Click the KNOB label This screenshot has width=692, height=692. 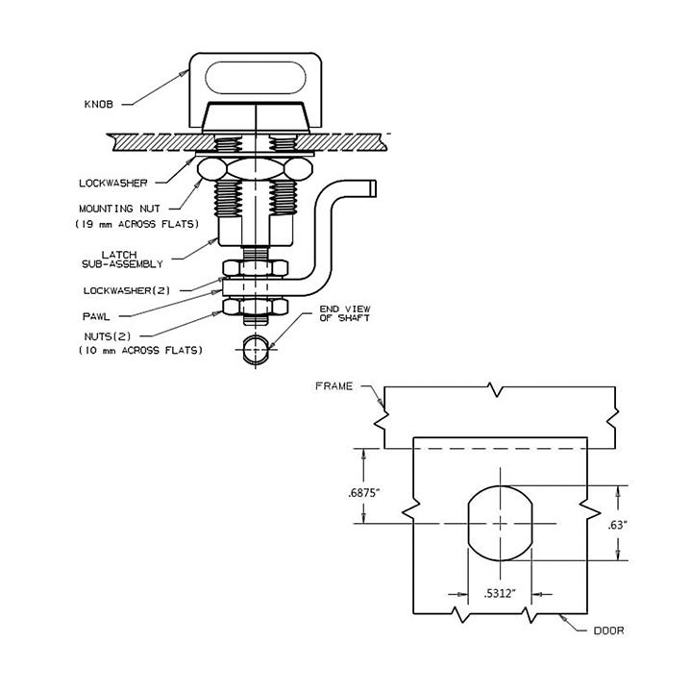point(98,104)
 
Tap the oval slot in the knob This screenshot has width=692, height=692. point(256,78)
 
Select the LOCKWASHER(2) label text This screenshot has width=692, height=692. point(127,290)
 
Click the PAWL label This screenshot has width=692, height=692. point(96,316)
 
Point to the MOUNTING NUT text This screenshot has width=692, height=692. point(119,209)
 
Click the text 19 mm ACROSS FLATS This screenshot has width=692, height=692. point(137,224)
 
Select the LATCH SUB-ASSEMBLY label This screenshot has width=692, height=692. point(122,259)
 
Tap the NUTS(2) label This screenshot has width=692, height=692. point(108,336)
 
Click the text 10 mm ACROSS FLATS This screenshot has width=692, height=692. point(140,351)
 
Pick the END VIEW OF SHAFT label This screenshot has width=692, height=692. point(345,313)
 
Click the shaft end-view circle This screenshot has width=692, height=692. point(256,350)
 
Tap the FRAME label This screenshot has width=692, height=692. point(334,386)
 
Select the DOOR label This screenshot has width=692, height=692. point(609,630)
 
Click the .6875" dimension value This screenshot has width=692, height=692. point(363,493)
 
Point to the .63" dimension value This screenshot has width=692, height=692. point(618,525)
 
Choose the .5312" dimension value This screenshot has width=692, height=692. point(500,594)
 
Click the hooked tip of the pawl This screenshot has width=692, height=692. point(373,188)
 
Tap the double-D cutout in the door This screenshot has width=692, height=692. point(500,524)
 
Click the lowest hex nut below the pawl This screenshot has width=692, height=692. point(256,307)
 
